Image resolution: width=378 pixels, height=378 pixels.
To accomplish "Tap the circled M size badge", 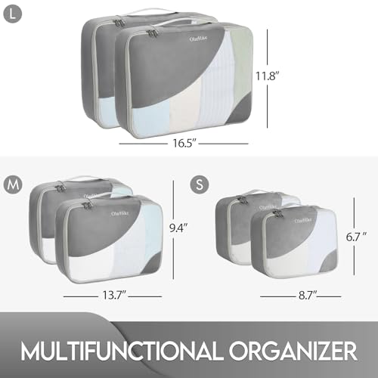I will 12,184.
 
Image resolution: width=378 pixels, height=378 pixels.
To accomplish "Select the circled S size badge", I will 199,184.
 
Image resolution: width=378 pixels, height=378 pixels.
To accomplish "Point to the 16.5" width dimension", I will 184,141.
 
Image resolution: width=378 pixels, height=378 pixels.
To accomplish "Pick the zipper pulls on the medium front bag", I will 87,205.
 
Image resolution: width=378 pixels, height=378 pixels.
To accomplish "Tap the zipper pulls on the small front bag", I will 275,214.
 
